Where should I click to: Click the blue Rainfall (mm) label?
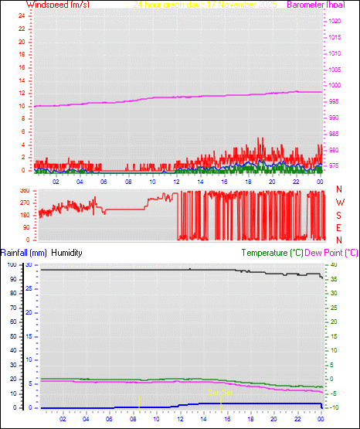[24, 253]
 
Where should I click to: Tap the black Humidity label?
[67, 253]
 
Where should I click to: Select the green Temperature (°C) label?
[273, 253]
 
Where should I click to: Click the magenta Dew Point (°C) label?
[332, 253]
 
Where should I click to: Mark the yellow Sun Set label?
[219, 393]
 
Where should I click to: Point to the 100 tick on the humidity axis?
[11, 265]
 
